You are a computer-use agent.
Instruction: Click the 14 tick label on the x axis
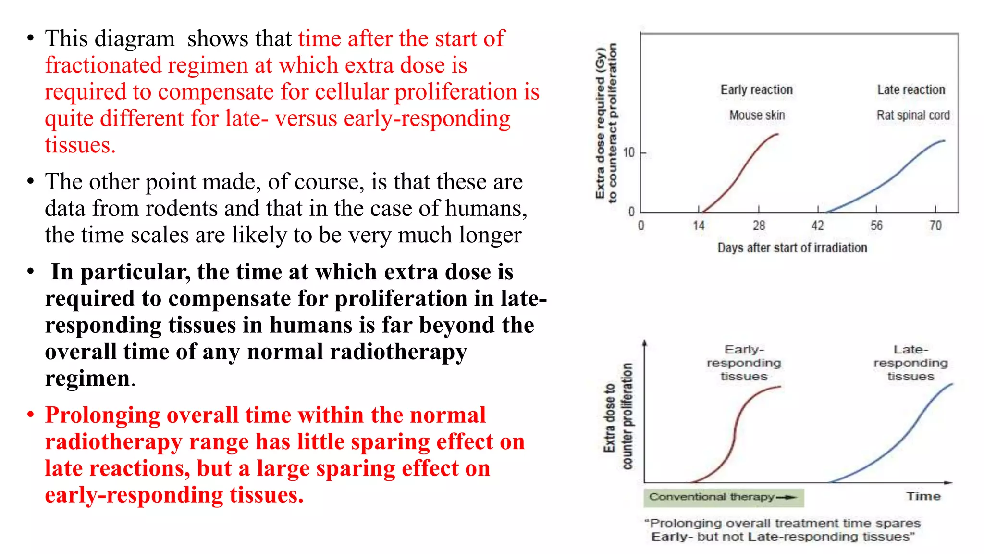click(x=699, y=226)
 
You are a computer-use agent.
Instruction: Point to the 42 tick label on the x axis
click(x=818, y=226)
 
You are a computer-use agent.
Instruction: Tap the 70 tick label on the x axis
click(x=935, y=226)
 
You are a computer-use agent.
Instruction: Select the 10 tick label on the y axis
click(x=628, y=153)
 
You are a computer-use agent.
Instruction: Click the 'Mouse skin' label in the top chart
click(x=757, y=115)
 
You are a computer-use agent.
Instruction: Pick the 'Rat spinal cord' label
click(x=913, y=115)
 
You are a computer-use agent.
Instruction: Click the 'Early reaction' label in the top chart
click(x=756, y=90)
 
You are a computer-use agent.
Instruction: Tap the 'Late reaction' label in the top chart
click(x=911, y=90)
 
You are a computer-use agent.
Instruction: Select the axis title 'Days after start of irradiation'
click(x=792, y=248)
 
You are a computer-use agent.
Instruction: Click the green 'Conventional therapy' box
click(x=723, y=497)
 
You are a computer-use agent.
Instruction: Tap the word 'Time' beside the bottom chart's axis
click(x=923, y=496)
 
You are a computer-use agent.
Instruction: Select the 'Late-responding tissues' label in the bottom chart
click(x=910, y=363)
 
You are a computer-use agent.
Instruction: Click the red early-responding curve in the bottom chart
click(x=735, y=433)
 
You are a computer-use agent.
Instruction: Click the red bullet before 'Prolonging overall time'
click(x=30, y=415)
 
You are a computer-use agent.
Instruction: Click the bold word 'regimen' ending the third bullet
click(x=87, y=378)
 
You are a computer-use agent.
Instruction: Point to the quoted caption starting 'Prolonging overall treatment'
click(x=782, y=529)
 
